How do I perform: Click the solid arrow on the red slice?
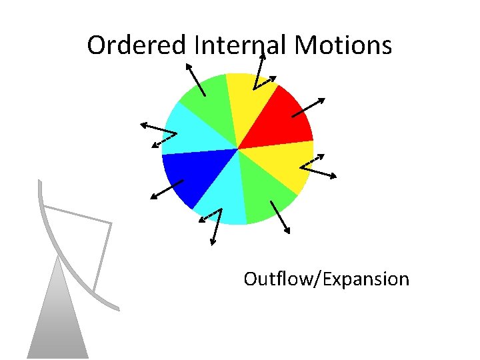(309, 108)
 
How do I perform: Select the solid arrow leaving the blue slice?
(167, 189)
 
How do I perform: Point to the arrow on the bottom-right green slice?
(280, 217)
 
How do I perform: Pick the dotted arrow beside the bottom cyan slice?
(210, 216)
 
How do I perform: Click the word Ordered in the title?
(137, 46)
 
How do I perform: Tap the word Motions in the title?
(343, 46)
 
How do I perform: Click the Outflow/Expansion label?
(326, 279)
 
